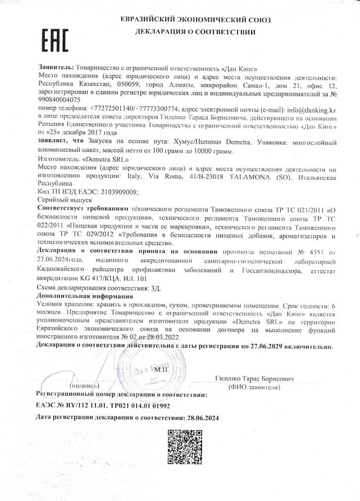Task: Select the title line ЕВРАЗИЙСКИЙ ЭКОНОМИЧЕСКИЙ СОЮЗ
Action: [x=196, y=19]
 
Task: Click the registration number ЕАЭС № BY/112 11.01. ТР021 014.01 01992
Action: [x=103, y=404]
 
